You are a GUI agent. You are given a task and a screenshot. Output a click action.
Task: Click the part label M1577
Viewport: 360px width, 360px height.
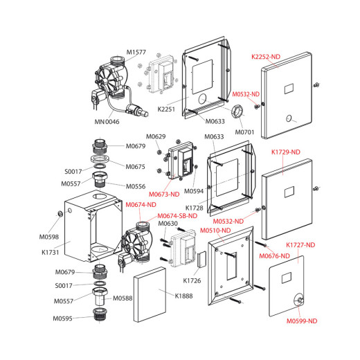coord(136,52)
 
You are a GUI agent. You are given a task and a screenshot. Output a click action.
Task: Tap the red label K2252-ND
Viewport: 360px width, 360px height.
coord(266,57)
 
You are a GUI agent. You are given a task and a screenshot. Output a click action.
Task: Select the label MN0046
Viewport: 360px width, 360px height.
coord(107,122)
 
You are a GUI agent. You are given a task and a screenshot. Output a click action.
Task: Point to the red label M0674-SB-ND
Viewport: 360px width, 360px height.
coord(177,216)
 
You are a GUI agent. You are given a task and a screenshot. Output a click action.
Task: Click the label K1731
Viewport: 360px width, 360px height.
coord(51,252)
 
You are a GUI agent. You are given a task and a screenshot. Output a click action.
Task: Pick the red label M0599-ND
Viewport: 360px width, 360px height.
coord(302,321)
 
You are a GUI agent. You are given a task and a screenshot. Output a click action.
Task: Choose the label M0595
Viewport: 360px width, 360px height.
coord(63,318)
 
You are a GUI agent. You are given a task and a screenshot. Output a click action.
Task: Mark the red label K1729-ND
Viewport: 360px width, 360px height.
coord(286,152)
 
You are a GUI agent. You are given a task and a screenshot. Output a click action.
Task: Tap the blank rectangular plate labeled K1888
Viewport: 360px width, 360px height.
coord(150,295)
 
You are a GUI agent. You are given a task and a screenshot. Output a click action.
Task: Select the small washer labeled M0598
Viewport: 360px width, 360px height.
coord(60,214)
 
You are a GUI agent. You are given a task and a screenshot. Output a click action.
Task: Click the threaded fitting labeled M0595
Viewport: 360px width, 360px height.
coord(100,314)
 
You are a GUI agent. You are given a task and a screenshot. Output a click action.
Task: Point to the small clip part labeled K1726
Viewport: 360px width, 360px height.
coord(201,259)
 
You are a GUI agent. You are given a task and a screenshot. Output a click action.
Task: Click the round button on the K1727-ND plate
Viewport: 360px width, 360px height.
coord(299,300)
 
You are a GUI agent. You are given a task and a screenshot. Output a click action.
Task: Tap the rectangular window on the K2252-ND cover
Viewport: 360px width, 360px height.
coord(289,89)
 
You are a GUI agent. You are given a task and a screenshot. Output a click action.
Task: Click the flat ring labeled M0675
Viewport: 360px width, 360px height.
coord(100,159)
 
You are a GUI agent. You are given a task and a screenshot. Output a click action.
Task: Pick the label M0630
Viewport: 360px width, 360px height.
coord(168,224)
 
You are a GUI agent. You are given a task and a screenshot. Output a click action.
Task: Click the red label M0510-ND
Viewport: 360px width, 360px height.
coord(215,231)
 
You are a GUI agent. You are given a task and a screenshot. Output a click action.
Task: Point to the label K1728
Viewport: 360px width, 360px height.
coord(195,208)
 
